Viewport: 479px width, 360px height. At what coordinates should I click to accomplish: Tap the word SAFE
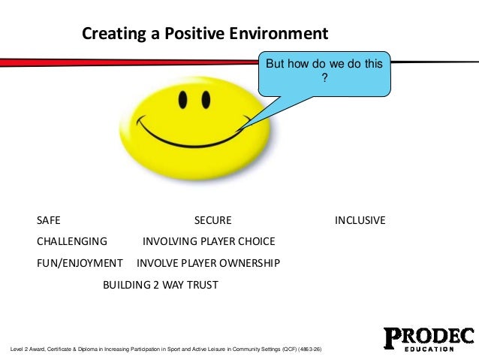point(49,220)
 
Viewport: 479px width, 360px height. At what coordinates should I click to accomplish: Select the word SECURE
point(213,220)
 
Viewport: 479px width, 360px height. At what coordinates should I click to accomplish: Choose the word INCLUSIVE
point(360,220)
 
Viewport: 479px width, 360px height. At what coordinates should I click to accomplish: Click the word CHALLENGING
point(72,241)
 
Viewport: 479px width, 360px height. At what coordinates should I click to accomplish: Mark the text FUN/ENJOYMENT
point(80,263)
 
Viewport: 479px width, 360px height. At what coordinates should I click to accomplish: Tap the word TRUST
point(202,285)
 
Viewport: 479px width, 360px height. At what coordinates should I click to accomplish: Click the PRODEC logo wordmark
point(429,336)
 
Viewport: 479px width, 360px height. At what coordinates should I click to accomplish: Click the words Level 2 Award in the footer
point(26,350)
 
